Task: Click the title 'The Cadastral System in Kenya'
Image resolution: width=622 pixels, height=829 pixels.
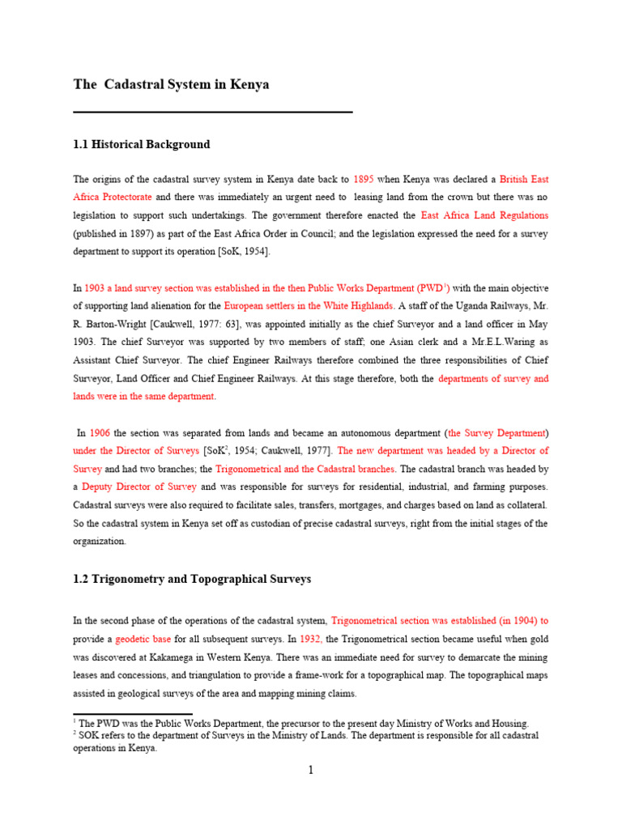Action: tap(171, 85)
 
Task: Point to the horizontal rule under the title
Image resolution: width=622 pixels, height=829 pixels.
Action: tap(212, 112)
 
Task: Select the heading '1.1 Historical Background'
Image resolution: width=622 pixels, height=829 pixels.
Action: tap(141, 145)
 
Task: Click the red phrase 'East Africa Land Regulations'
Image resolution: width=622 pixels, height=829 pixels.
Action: tap(484, 216)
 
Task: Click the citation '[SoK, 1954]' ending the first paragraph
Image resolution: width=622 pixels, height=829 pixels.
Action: tap(244, 252)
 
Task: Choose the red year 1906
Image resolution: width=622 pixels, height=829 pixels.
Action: tap(100, 432)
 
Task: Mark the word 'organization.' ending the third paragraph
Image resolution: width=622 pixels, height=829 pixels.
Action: tap(100, 541)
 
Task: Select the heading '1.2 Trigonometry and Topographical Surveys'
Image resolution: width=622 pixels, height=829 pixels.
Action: tap(192, 580)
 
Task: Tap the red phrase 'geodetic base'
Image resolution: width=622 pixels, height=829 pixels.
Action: tap(136, 639)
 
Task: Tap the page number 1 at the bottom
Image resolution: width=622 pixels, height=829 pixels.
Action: tap(310, 770)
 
